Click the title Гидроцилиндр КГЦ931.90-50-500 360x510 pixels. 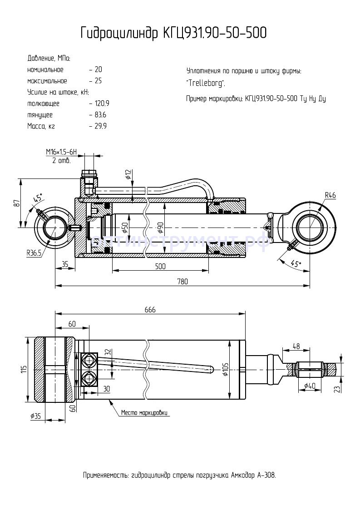[173, 33]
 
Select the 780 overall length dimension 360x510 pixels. [182, 282]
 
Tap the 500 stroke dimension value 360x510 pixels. [159, 267]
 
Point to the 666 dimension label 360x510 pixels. [150, 310]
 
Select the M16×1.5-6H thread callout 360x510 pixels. [62, 152]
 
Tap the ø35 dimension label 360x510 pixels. [36, 416]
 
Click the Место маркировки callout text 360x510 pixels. [144, 413]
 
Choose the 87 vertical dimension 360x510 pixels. [17, 203]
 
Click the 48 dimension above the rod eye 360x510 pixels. [296, 346]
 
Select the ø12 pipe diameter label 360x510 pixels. [128, 174]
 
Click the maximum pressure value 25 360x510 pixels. [98, 81]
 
